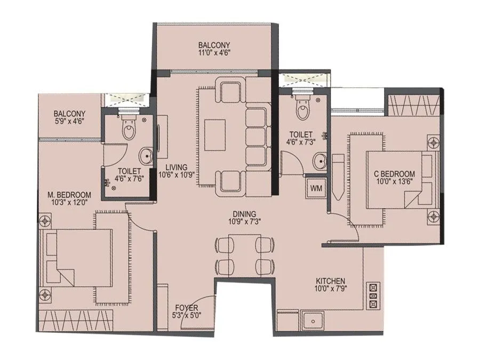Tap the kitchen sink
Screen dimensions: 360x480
310,321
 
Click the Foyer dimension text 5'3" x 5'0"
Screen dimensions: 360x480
186,316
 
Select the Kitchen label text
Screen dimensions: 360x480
330,281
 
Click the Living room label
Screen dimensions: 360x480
175,166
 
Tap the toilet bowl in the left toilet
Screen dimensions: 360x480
129,129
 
